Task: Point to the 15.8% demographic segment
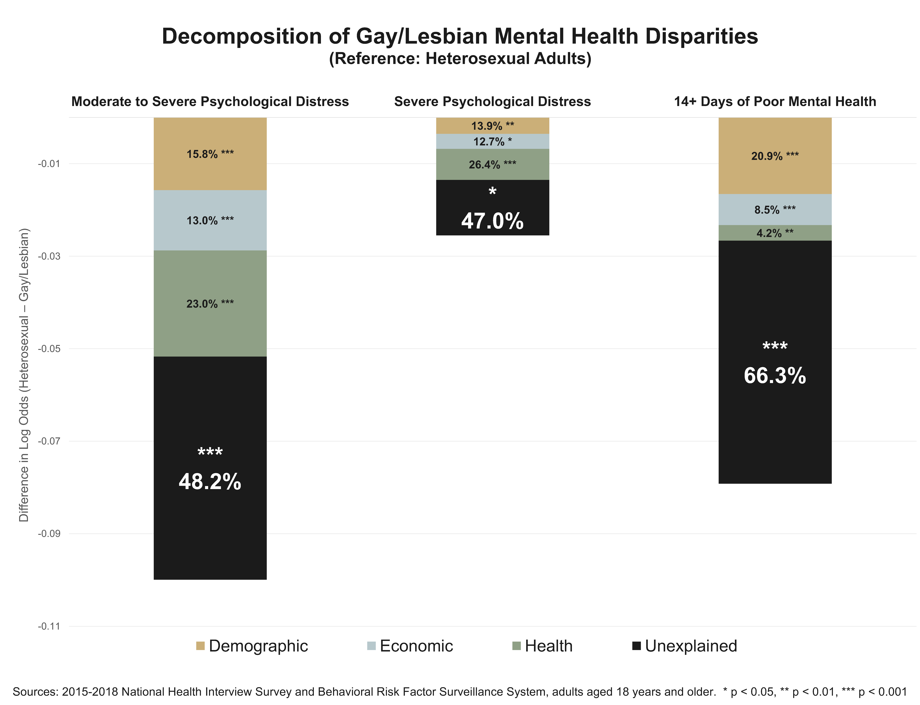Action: (210, 154)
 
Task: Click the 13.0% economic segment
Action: (210, 220)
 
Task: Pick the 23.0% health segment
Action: (210, 303)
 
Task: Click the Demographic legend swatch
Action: (200, 646)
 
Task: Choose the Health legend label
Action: (548, 646)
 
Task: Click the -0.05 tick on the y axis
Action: (49, 349)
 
